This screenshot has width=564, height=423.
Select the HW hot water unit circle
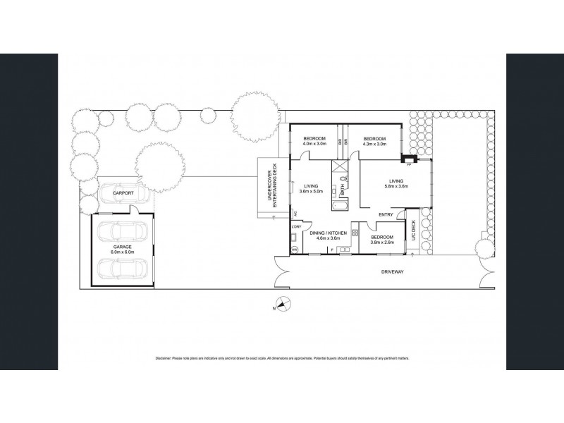point(294,249)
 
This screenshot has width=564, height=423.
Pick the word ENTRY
point(386,214)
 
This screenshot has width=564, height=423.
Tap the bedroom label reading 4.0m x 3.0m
point(314,144)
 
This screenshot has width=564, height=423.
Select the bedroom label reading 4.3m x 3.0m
point(375,144)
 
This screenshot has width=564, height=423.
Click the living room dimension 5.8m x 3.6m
point(394,185)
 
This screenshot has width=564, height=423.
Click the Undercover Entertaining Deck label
point(269,188)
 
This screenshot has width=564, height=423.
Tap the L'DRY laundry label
point(295,227)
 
